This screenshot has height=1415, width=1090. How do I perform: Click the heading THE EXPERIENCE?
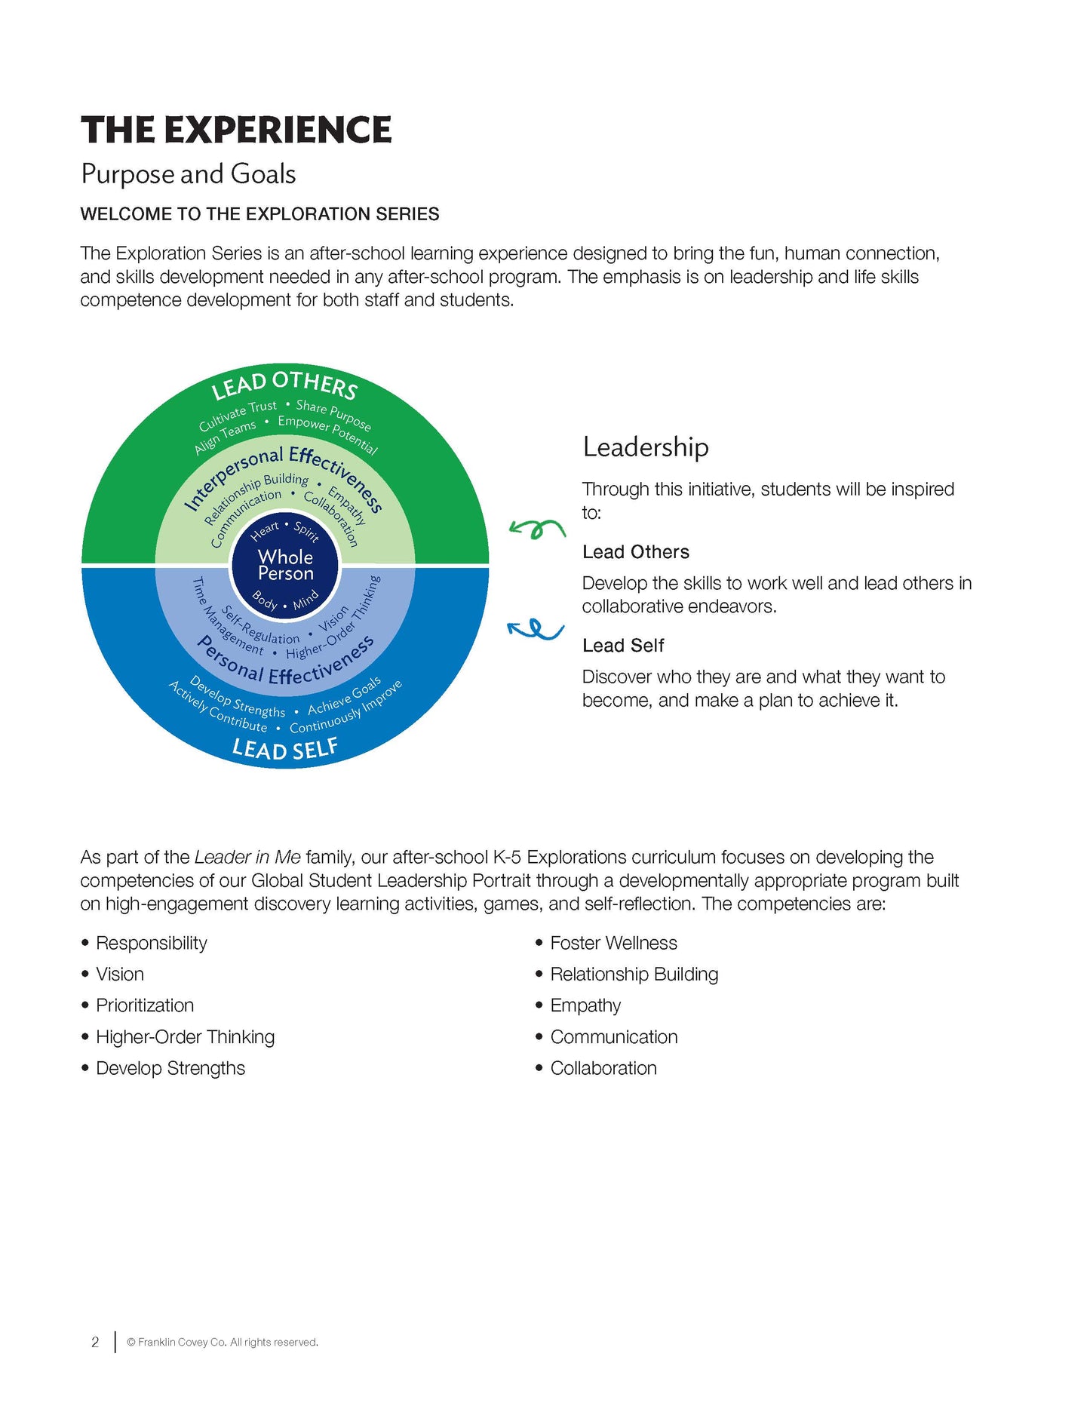pos(236,130)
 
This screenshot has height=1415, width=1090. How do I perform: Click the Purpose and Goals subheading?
pos(188,174)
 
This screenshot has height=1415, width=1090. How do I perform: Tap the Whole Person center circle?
pos(285,565)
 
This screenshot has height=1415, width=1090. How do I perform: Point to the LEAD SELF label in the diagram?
pos(285,749)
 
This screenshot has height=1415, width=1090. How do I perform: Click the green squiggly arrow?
pos(537,529)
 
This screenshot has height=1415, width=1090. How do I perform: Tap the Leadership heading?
pos(646,447)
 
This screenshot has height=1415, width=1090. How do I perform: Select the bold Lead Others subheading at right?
pos(635,552)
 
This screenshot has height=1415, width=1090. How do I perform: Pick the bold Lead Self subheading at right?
pos(622,646)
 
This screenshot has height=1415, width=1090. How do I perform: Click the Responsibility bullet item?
pos(151,943)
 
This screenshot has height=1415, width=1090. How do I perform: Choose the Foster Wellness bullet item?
pos(613,943)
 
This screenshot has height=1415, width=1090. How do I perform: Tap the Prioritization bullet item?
pos(145,1005)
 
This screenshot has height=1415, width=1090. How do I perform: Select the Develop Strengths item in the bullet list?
pos(170,1068)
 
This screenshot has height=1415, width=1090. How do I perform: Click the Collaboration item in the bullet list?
pos(603,1068)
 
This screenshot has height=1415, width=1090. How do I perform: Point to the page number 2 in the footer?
pos(95,1342)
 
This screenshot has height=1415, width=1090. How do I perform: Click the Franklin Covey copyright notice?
pos(223,1342)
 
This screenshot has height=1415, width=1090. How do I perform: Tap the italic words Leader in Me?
pos(247,858)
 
